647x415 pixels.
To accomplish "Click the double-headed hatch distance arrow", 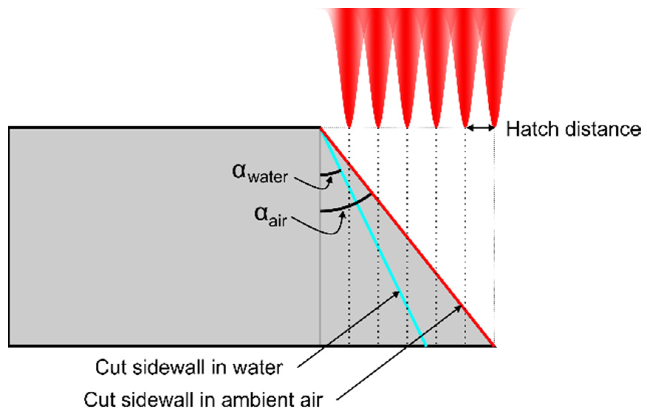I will [x=480, y=128].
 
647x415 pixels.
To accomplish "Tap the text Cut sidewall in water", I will [x=189, y=367].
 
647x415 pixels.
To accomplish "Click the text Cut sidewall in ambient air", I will [x=203, y=400].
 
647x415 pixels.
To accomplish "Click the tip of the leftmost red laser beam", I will [x=349, y=126].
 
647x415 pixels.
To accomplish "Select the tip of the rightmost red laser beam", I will [x=494, y=126].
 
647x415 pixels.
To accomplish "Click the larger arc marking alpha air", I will [x=347, y=207].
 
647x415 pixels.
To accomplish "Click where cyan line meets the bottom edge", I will [x=426, y=346].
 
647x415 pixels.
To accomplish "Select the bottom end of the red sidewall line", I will [x=494, y=346].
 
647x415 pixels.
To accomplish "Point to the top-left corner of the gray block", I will [x=9, y=128].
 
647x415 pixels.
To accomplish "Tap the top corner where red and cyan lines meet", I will [x=320, y=128].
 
